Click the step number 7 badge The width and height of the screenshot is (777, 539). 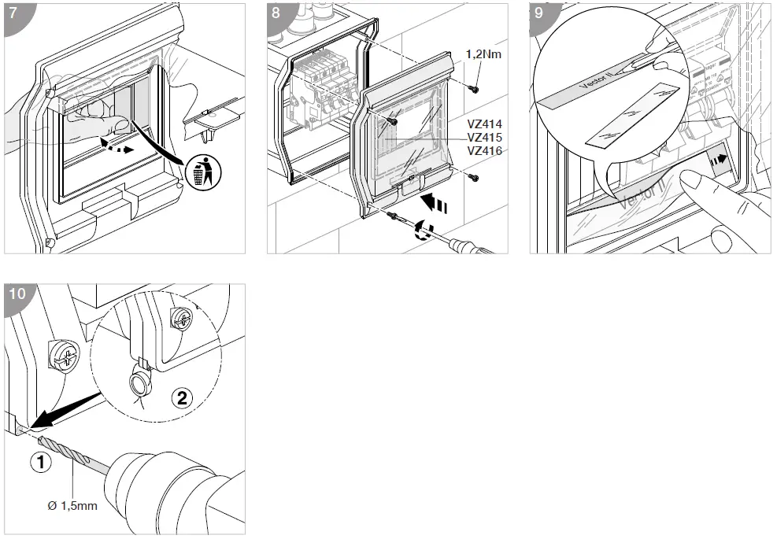click(15, 13)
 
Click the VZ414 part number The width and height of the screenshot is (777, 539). click(485, 124)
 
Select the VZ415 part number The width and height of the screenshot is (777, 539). click(485, 138)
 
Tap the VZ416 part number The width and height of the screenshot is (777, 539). click(485, 150)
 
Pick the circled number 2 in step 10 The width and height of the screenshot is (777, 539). click(182, 398)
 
